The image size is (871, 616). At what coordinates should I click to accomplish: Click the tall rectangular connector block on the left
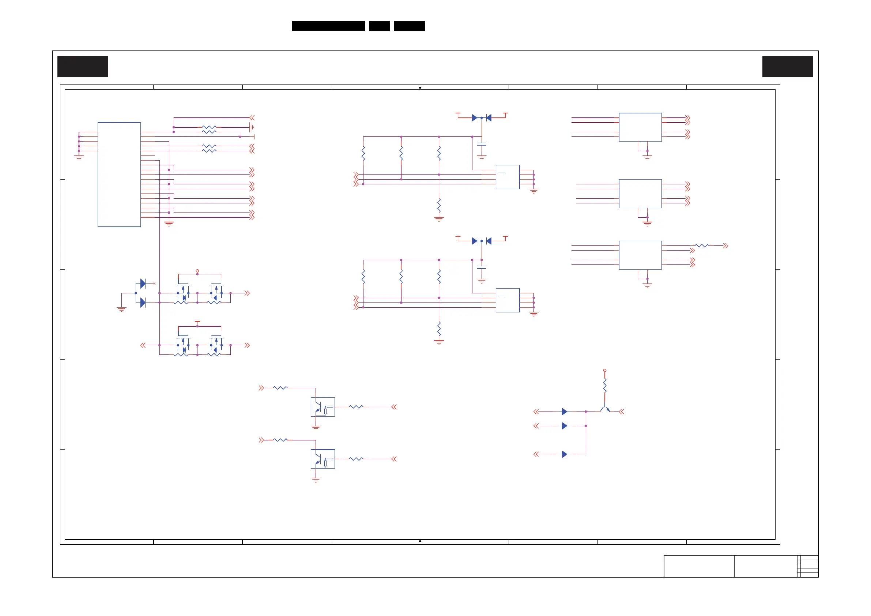click(x=119, y=174)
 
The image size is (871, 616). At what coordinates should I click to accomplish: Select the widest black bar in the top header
click(x=328, y=26)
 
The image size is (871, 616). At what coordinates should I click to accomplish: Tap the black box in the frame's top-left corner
click(x=83, y=67)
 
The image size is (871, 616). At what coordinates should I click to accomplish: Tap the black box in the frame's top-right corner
click(x=788, y=67)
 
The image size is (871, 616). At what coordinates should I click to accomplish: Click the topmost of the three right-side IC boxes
click(x=640, y=127)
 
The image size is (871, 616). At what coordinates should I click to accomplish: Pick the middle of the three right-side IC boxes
click(x=640, y=194)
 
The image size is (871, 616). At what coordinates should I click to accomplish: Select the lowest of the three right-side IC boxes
click(x=640, y=255)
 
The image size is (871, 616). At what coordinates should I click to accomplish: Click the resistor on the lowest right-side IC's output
click(x=701, y=245)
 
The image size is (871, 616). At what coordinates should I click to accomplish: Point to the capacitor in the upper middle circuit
click(x=482, y=144)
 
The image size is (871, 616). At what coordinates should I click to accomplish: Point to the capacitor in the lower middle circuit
click(x=482, y=267)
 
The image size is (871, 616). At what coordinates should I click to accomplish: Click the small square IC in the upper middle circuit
click(x=508, y=177)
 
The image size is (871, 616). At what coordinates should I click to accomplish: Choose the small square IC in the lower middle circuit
click(x=508, y=300)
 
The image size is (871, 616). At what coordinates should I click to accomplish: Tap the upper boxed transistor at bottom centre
click(x=323, y=407)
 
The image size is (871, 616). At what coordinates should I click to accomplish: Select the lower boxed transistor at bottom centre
click(x=323, y=459)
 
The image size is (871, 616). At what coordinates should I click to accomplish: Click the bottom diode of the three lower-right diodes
click(x=564, y=454)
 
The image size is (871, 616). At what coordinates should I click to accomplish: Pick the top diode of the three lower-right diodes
click(x=564, y=412)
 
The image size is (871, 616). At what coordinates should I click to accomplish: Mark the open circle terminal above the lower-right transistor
click(x=605, y=371)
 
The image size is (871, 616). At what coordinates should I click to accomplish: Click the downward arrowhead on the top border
click(x=420, y=88)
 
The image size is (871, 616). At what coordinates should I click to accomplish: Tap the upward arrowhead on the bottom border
click(x=420, y=541)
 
